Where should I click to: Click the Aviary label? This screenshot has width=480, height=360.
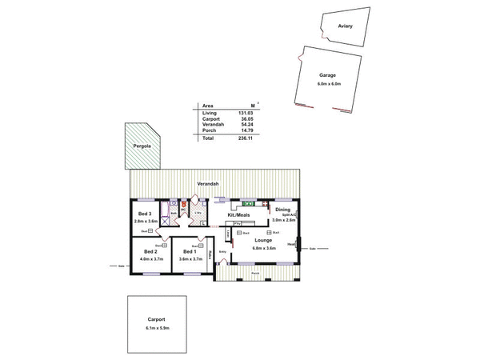pos(345,26)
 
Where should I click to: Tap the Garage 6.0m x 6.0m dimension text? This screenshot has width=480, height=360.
pos(329,83)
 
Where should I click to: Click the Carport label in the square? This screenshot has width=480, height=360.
pos(156,319)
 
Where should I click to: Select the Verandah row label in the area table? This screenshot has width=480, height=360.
pos(210,124)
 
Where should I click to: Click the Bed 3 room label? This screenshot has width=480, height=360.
pos(144,214)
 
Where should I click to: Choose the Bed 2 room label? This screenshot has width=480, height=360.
pos(150,252)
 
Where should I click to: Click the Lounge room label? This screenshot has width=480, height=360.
pos(264,240)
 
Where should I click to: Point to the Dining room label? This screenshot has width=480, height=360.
pos(283,210)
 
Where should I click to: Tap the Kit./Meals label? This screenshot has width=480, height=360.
pos(238,216)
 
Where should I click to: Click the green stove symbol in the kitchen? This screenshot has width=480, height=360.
pos(248,200)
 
